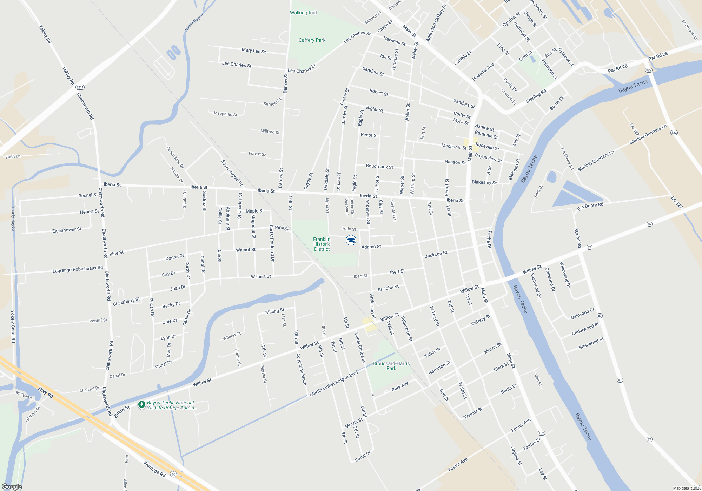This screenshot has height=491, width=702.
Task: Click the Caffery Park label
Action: pyautogui.click(x=312, y=40)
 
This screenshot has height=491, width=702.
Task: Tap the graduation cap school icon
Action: pyautogui.click(x=351, y=240)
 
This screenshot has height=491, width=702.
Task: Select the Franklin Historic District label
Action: pyautogui.click(x=322, y=244)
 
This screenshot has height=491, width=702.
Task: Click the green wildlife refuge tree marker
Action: pyautogui.click(x=141, y=405)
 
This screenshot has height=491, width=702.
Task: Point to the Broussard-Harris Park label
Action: pyautogui.click(x=391, y=366)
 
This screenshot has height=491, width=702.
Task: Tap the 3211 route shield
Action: pyautogui.click(x=80, y=87)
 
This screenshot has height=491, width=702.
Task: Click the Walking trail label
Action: pyautogui.click(x=303, y=13)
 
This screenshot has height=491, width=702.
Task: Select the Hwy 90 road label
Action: pyautogui.click(x=46, y=392)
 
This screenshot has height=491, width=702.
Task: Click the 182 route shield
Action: pyautogui.click(x=541, y=433)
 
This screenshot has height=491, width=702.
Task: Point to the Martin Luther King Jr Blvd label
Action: pyautogui.click(x=333, y=383)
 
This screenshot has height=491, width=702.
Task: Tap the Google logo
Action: pyautogui.click(x=12, y=487)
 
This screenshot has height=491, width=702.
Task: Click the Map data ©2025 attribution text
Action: pyautogui.click(x=687, y=488)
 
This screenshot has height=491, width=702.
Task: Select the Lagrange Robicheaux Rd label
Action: pyautogui.click(x=78, y=269)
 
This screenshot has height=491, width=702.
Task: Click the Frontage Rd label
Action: pyautogui.click(x=154, y=469)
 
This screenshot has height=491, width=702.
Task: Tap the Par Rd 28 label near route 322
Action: pyautogui.click(x=618, y=68)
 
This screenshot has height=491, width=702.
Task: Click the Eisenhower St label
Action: pyautogui.click(x=67, y=230)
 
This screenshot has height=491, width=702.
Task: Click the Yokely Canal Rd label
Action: pyautogui.click(x=13, y=327)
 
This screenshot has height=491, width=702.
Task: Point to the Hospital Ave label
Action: pyautogui.click(x=483, y=72)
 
